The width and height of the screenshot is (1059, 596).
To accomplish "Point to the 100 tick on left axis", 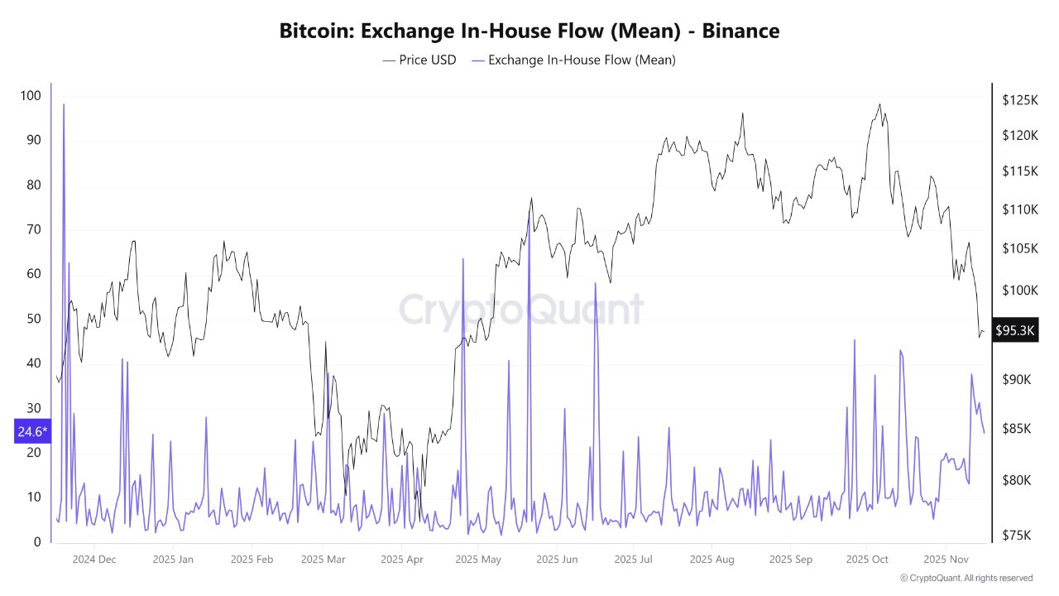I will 30,96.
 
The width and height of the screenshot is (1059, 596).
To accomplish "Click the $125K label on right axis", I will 1019,100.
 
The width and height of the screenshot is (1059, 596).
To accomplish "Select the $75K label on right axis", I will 1016,536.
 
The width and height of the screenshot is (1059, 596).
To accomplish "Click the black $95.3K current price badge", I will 1015,330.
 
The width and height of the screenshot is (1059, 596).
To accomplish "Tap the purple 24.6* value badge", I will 32,430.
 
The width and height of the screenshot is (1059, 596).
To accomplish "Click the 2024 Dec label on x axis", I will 94,560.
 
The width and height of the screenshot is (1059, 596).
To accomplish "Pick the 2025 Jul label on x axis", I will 635,560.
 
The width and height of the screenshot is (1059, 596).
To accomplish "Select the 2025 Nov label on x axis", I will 946,560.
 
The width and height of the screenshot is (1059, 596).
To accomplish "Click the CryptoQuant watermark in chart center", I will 521,310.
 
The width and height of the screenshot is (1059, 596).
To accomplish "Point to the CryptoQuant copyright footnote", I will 966,578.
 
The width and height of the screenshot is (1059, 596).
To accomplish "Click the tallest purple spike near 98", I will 64,105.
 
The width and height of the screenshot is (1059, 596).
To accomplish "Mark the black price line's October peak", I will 879,105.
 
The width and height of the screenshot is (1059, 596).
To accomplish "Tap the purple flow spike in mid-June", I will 595,284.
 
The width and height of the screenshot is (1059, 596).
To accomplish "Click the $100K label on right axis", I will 1019,291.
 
